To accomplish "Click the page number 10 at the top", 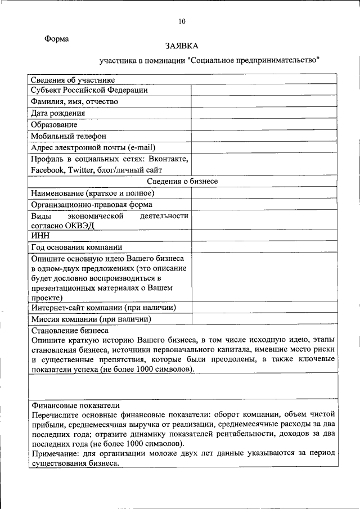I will click(181, 22).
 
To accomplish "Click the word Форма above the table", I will click(57, 39).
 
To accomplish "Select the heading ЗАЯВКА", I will click(182, 46).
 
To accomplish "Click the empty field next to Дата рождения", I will click(264, 113).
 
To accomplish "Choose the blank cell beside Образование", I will click(264, 124).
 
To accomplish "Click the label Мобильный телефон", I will click(69, 136).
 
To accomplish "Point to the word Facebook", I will click(48, 169).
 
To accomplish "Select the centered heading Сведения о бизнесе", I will click(182, 181).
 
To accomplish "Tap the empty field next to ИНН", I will click(264, 236).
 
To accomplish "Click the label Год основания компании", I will click(76, 247).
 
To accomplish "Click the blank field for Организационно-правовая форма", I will click(264, 204).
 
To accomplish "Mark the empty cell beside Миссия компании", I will click(264, 319).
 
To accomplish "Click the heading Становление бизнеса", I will click(70, 330).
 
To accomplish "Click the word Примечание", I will click(58, 453).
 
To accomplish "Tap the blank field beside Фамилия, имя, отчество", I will click(264, 102).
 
